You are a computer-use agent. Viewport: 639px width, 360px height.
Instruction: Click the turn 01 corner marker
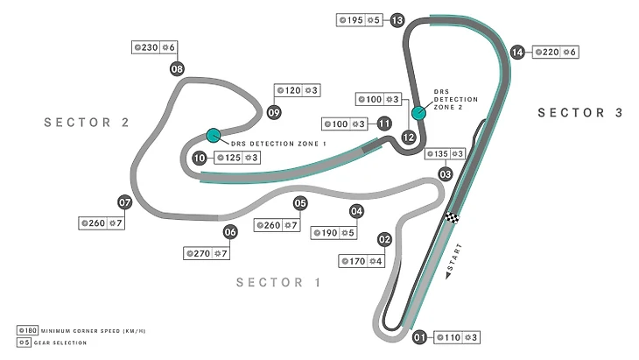pos(419,337)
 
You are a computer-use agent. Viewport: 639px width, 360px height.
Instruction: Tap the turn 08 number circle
pos(177,69)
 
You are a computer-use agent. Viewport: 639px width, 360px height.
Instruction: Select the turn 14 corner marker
pos(517,53)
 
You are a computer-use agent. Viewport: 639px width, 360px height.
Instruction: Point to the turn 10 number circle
pos(200,158)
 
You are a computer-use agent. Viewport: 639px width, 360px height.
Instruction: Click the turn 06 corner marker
pos(230,232)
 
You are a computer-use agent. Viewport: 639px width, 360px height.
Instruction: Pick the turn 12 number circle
pos(408,138)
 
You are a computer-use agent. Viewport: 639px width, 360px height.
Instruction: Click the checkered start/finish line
pos(453,218)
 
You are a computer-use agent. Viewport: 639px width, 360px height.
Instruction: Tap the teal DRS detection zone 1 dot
pos(213,136)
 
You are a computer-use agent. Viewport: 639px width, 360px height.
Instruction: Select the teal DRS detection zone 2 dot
pos(418,113)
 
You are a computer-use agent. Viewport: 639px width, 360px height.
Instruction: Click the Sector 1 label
pos(278,282)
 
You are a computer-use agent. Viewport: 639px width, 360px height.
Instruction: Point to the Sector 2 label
pos(87,123)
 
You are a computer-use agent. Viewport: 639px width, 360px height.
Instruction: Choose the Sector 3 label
pos(580,112)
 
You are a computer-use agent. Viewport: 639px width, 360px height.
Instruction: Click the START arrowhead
pos(448,276)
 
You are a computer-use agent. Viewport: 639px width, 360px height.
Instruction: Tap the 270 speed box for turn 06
pos(207,254)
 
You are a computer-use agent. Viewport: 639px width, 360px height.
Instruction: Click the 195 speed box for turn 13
pos(360,20)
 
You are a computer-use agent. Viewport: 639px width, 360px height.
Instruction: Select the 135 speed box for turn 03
pos(445,153)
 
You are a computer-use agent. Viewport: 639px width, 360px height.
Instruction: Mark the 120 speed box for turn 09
pos(297,90)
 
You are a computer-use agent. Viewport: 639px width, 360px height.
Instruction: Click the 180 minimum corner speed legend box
pos(27,330)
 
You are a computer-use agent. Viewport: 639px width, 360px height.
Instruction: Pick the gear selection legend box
pos(24,342)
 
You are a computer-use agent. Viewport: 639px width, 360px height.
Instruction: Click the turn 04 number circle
pos(356,211)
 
